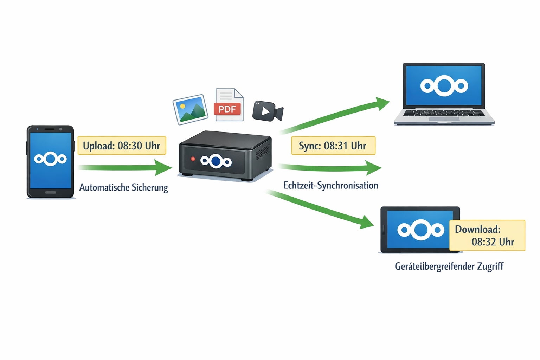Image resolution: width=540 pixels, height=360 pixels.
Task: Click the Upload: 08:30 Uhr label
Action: click(122, 146)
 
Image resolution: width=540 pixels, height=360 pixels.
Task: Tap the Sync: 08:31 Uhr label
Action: click(333, 146)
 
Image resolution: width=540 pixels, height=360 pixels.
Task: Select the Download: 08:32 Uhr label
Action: click(487, 236)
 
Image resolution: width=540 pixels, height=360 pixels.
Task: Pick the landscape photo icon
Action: click(191, 109)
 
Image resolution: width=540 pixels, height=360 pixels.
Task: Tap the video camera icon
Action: click(267, 111)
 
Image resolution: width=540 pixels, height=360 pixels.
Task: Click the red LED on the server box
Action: click(193, 159)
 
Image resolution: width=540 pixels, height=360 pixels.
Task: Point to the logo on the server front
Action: click(216, 161)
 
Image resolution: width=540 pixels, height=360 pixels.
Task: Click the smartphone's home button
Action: click(51, 192)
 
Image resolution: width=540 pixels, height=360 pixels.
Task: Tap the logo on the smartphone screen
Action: click(51, 159)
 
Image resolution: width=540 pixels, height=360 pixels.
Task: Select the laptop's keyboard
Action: click(444, 113)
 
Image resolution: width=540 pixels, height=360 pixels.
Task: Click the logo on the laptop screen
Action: click(444, 86)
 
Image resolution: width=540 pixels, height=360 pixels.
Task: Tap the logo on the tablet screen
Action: click(420, 230)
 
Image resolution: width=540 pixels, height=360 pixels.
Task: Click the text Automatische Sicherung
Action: click(123, 187)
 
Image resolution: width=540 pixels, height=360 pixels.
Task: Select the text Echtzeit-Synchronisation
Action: click(331, 185)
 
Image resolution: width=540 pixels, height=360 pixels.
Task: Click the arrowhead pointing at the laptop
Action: click(382, 103)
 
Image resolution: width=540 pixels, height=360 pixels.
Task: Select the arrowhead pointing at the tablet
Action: click(366, 222)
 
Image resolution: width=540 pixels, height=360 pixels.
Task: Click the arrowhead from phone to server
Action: click(163, 167)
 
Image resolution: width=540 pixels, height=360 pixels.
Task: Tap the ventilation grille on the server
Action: click(262, 152)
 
